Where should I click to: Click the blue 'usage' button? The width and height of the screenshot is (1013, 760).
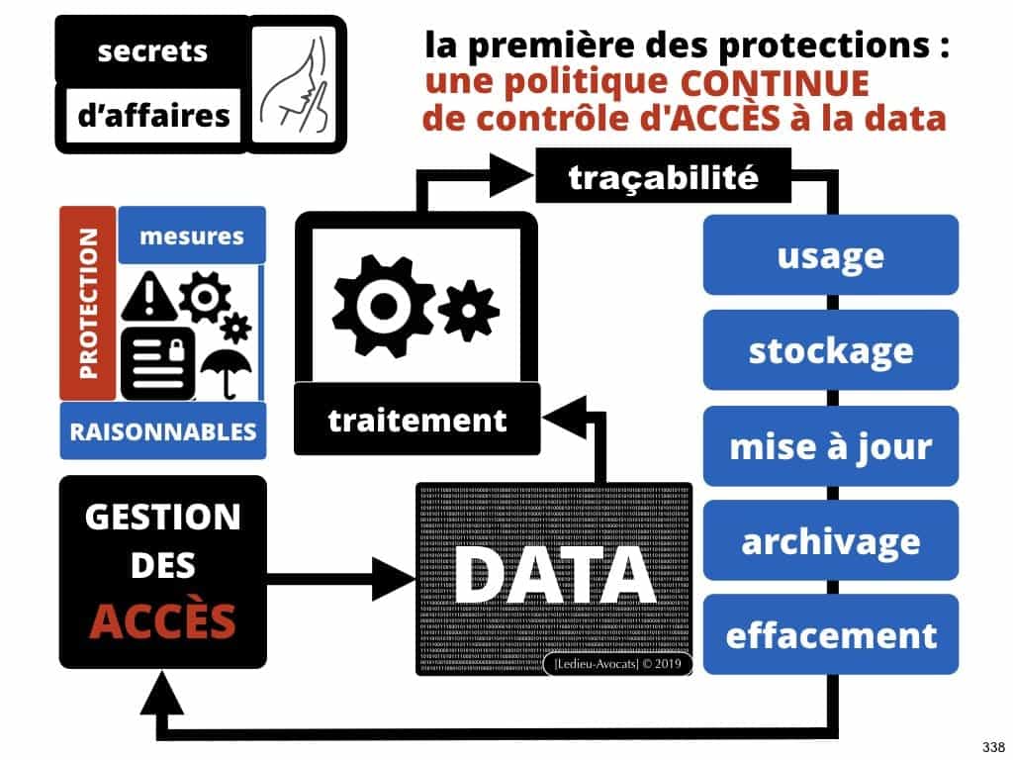coord(831,255)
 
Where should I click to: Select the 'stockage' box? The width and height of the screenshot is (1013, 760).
coord(831,350)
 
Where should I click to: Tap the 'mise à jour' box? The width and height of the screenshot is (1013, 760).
coord(831,446)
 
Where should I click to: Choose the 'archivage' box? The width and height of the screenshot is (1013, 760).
coord(831,540)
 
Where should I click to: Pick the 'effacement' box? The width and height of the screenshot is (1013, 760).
coord(831,634)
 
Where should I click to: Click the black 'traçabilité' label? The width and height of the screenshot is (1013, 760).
coord(663,178)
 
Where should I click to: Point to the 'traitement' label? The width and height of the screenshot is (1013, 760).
coord(416,420)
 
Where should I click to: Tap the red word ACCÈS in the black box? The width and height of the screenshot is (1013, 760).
coord(163,620)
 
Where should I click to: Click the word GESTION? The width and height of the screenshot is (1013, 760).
coord(163,518)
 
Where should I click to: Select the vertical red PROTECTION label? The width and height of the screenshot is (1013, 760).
coord(88,304)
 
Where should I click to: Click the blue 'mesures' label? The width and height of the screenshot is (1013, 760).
coord(192,236)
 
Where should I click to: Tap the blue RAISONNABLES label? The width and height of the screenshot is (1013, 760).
coord(163,431)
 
